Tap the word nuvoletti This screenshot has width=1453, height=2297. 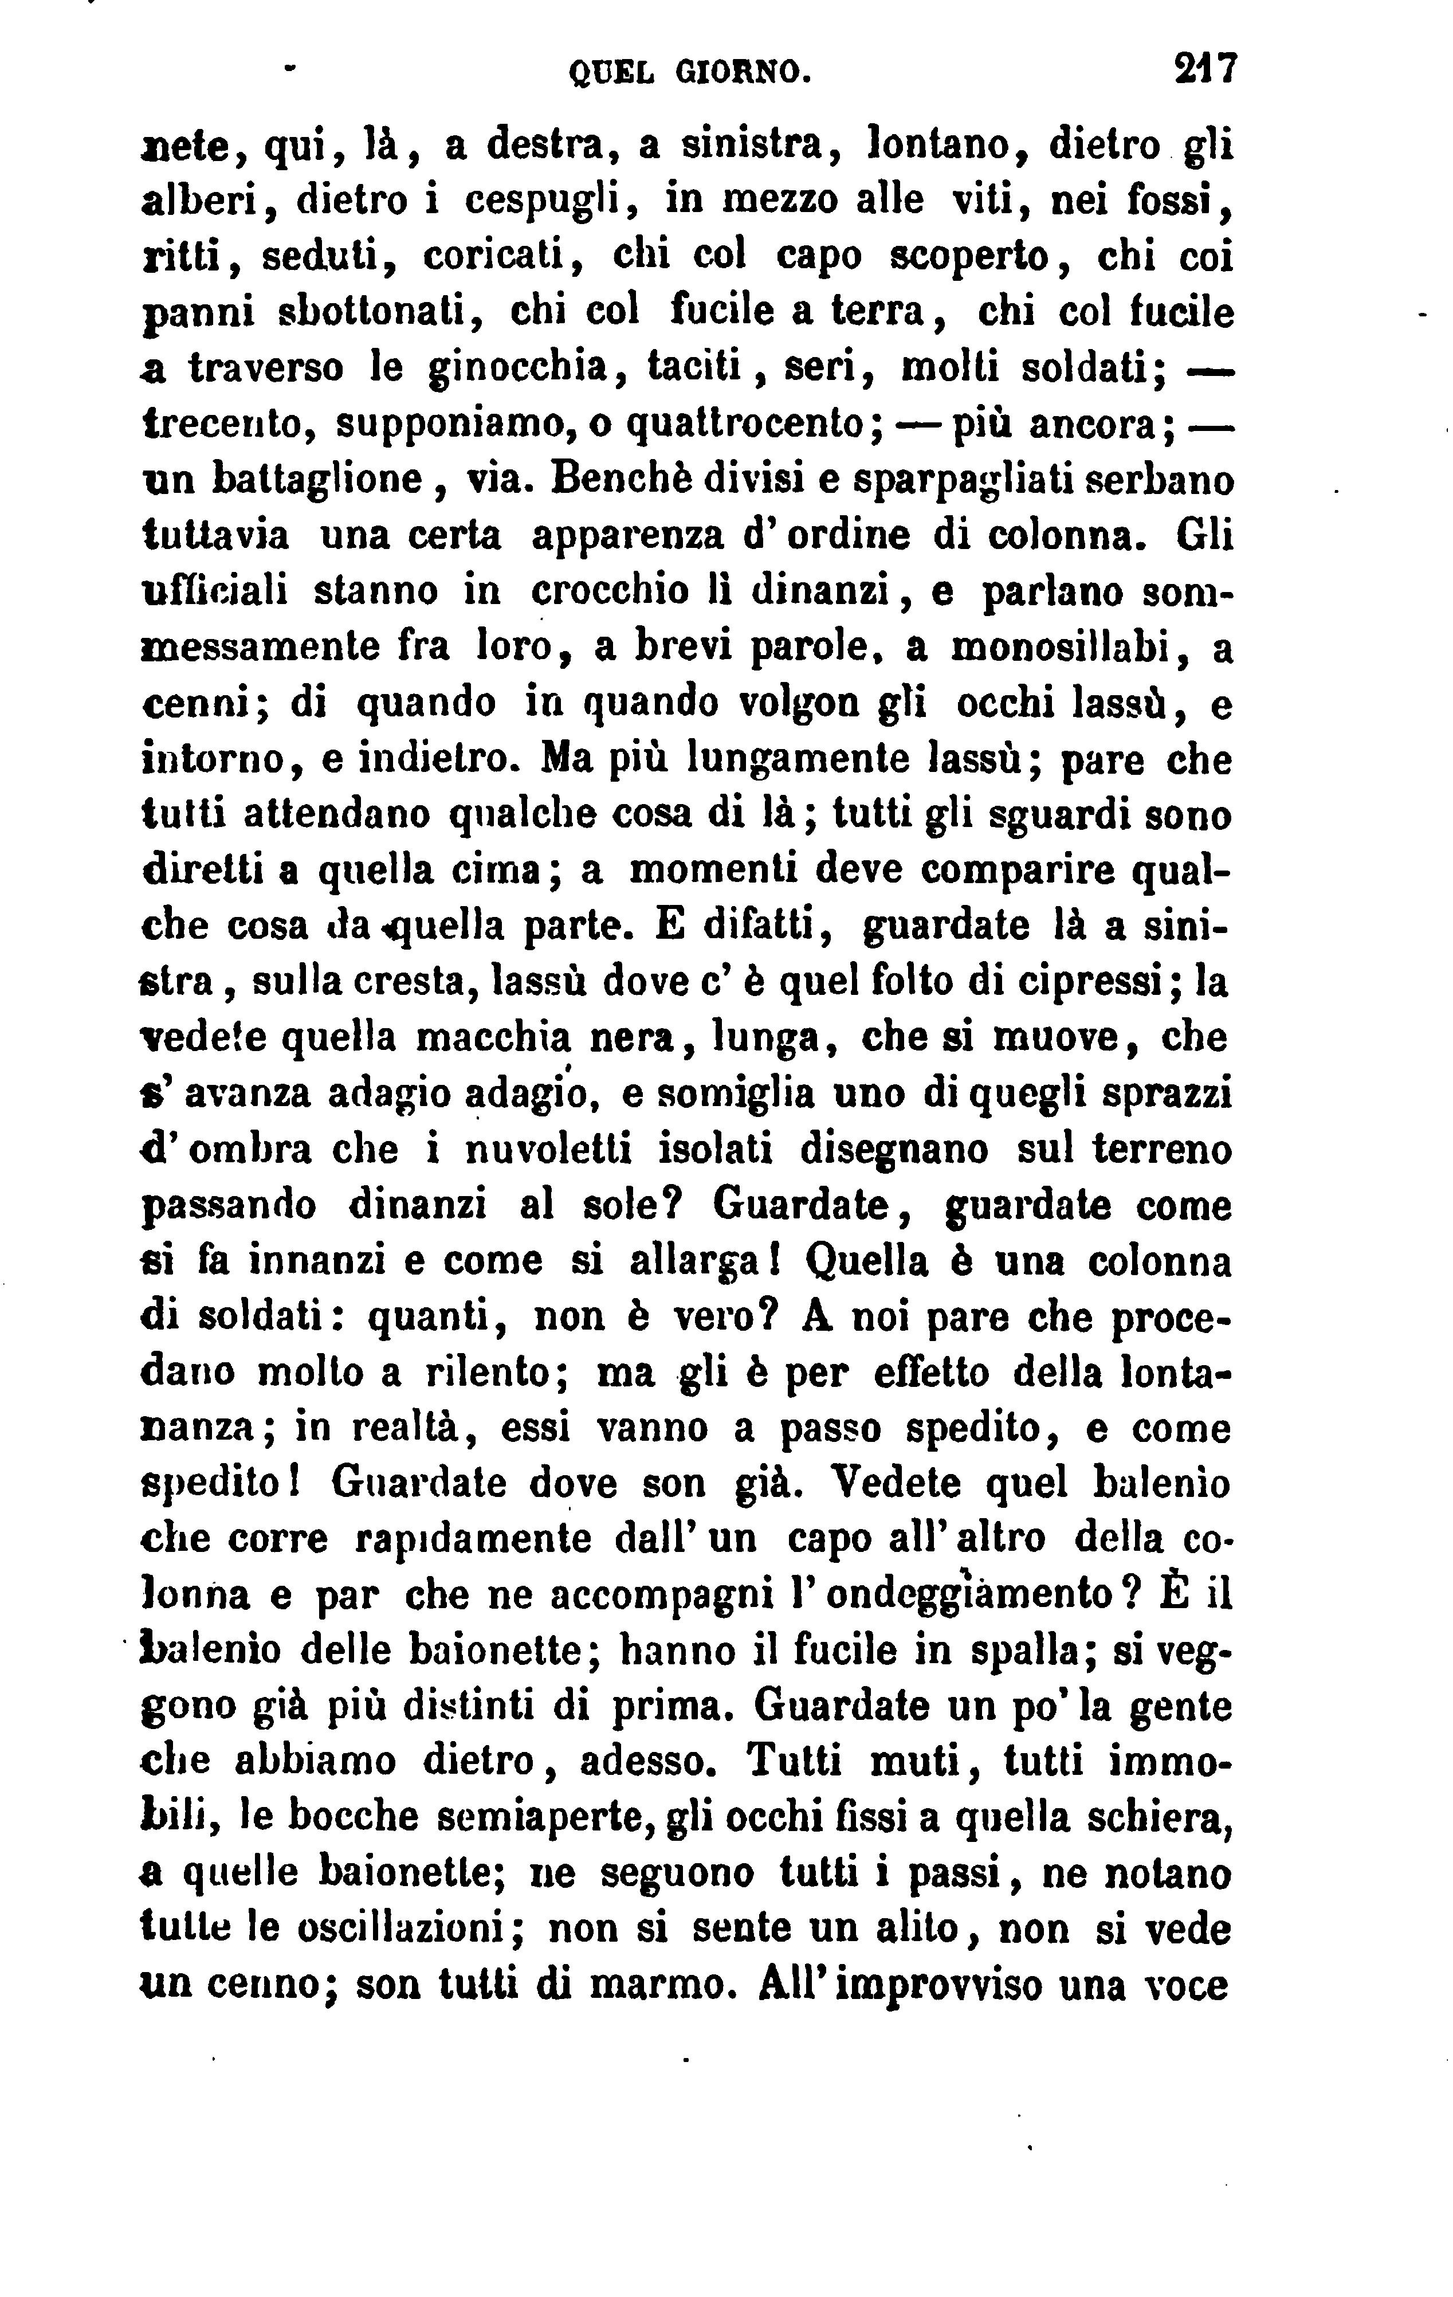tap(549, 1150)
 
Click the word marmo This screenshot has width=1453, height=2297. tap(663, 1985)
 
